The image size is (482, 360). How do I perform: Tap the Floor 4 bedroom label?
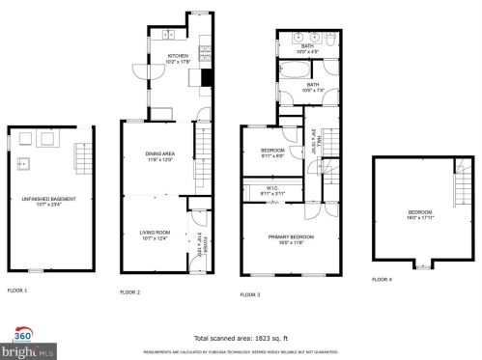pos(418,214)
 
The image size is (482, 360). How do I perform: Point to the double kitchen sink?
pos(167,37)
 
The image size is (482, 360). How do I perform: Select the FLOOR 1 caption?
pos(17,290)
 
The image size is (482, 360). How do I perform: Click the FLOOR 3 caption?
pos(250,292)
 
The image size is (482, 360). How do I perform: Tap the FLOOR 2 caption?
pos(129,291)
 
